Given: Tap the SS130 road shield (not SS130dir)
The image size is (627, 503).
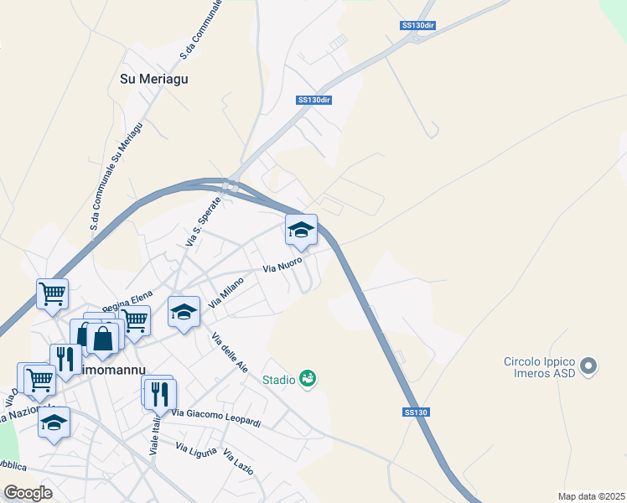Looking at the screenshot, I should pyautogui.click(x=416, y=412).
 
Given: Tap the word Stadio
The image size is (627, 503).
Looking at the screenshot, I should pyautogui.click(x=278, y=380).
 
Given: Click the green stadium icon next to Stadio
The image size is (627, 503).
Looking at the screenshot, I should pyautogui.click(x=308, y=379).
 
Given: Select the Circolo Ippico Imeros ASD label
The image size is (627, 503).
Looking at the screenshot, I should pyautogui.click(x=539, y=367).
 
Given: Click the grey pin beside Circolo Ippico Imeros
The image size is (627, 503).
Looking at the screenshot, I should pyautogui.click(x=589, y=366).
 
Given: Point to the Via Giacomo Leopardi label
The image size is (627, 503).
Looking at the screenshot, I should pyautogui.click(x=216, y=417).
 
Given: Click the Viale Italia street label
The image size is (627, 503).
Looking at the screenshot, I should pyautogui.click(x=154, y=437).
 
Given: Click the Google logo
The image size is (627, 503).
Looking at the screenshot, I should pyautogui.click(x=28, y=493).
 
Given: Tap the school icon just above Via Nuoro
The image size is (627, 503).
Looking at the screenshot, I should pyautogui.click(x=301, y=231).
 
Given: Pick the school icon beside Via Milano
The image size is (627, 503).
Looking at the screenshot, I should pyautogui.click(x=184, y=313).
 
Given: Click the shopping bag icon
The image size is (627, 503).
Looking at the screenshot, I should pyautogui.click(x=103, y=339).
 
